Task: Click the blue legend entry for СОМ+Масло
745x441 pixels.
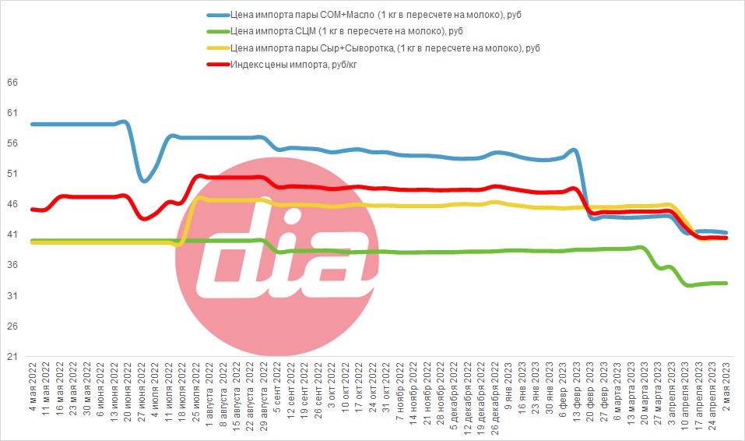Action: tap(364, 15)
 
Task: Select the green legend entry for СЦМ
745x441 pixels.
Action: tap(335, 31)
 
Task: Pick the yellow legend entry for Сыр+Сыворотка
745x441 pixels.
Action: tap(374, 48)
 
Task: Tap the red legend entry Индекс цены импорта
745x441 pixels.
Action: tap(282, 64)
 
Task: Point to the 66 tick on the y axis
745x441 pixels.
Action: tap(12, 83)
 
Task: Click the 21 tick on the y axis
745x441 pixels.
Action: tap(12, 356)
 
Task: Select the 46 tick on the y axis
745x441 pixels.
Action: tap(12, 204)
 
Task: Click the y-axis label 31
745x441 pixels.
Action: tap(12, 295)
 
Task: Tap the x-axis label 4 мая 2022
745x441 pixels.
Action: tap(33, 386)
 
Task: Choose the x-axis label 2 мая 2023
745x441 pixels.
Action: tap(726, 386)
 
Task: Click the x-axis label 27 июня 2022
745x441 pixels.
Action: tap(142, 390)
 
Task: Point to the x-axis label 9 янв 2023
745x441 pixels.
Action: tap(508, 386)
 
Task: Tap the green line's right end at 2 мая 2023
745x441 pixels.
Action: tap(726, 283)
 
